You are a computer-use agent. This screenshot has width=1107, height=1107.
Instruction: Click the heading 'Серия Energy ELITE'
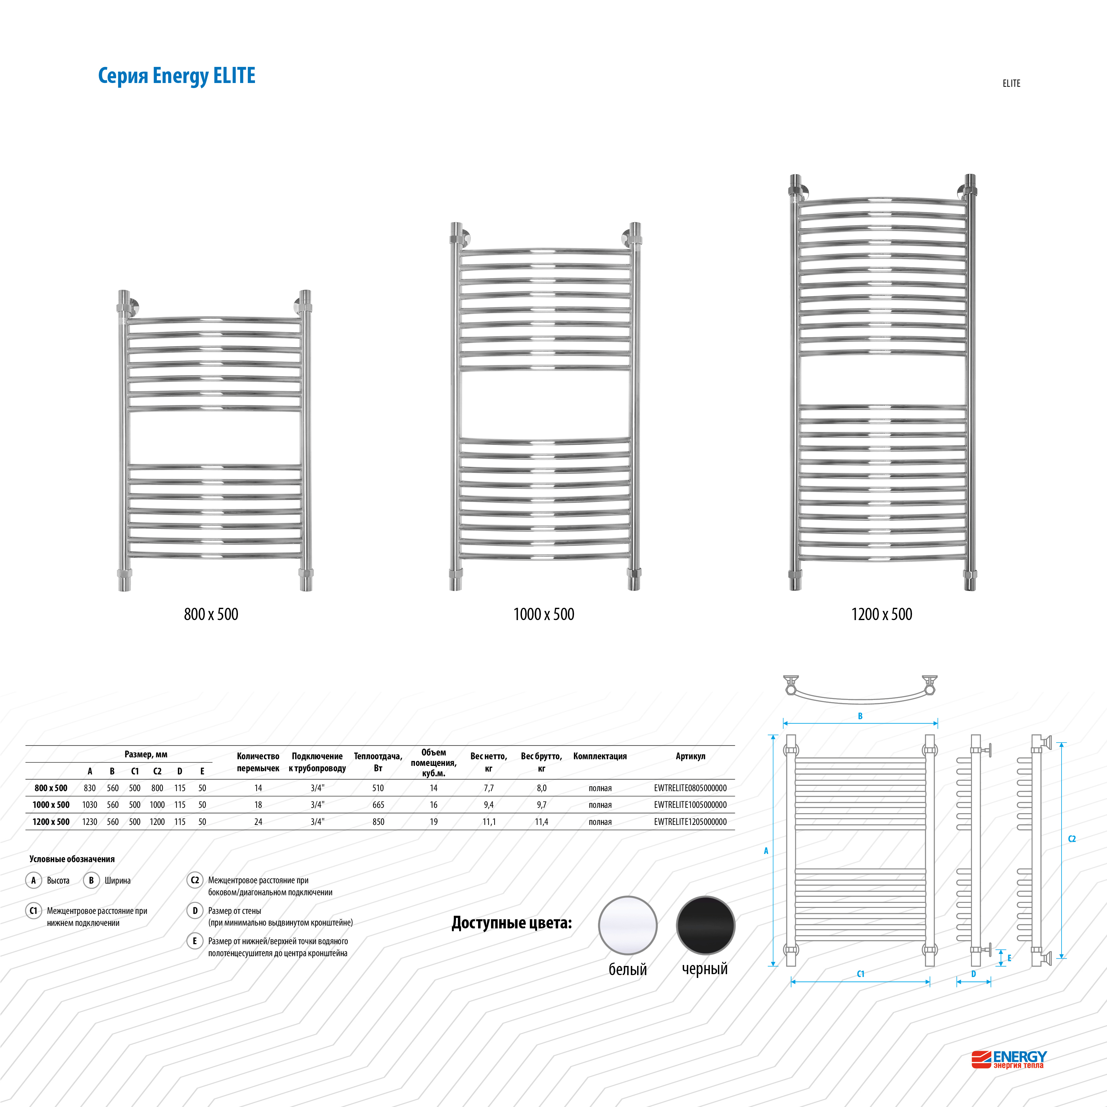click(176, 76)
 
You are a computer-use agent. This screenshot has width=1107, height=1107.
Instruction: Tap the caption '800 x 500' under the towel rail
click(211, 614)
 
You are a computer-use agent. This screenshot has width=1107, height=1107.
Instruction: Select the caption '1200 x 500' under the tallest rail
click(881, 614)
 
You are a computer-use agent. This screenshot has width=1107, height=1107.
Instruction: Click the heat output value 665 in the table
click(378, 804)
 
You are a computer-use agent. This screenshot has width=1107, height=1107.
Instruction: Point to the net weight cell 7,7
click(489, 788)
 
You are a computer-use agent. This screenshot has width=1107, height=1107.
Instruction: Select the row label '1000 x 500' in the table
click(51, 804)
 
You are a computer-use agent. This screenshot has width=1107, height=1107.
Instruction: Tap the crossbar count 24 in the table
click(258, 822)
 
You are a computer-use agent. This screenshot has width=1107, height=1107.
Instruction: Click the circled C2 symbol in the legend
click(195, 880)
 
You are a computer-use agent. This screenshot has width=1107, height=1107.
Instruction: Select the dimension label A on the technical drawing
click(766, 851)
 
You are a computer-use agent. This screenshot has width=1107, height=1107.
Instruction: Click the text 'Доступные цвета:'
click(512, 922)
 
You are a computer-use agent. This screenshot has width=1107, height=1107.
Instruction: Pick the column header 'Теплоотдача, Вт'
click(378, 762)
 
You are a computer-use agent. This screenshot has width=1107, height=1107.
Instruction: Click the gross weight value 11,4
click(542, 822)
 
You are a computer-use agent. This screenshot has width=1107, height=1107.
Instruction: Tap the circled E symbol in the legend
click(195, 941)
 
